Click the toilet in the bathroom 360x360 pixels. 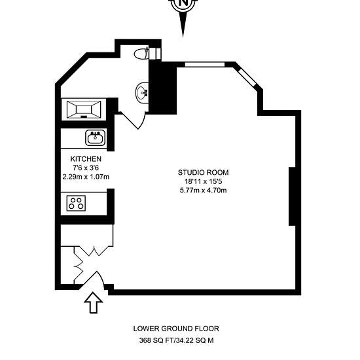pos(141,54)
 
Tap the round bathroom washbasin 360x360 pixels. pos(143,93)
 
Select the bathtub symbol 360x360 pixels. pos(84,109)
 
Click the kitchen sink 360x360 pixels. pos(96,137)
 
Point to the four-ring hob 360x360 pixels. pos(76,203)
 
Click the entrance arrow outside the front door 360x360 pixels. pos(93,302)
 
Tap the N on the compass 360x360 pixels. pos(183,3)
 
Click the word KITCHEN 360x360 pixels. pos(86,159)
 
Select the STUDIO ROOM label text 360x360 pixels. pos(203,172)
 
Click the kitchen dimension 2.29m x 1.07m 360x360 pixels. pos(86,177)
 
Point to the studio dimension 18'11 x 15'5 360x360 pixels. pos(204,181)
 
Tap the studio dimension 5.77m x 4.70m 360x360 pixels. pos(204,190)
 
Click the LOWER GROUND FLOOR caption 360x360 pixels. pos(176,329)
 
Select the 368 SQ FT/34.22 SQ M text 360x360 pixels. pos(176,340)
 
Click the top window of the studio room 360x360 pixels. pos(205,65)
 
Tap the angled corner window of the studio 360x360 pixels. pos(247,77)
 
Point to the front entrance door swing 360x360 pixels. pos(94,281)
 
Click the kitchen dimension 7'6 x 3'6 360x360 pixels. pos(86,168)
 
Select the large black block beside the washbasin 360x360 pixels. pos(163,88)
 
